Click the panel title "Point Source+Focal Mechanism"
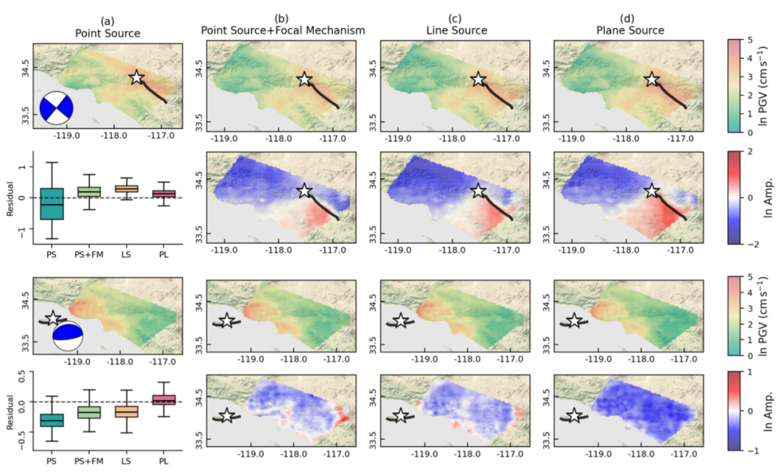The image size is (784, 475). (x=283, y=31)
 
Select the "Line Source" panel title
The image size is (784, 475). (x=457, y=31)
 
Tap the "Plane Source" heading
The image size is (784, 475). (x=630, y=31)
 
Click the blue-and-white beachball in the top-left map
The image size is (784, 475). (x=57, y=107)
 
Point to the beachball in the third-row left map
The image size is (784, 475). (x=68, y=336)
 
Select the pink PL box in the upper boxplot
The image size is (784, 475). (x=164, y=193)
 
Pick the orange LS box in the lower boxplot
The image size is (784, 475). (x=126, y=412)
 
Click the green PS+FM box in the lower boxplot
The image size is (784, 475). (x=89, y=412)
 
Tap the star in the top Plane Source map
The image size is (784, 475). (x=651, y=79)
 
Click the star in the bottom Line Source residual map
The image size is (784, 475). (x=400, y=415)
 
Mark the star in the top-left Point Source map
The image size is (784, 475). (x=136, y=78)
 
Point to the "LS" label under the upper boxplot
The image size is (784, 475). (x=126, y=254)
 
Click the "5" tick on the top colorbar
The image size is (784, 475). (x=749, y=40)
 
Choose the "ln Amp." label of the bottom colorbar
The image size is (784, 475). (x=769, y=411)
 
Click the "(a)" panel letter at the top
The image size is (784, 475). (x=107, y=21)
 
